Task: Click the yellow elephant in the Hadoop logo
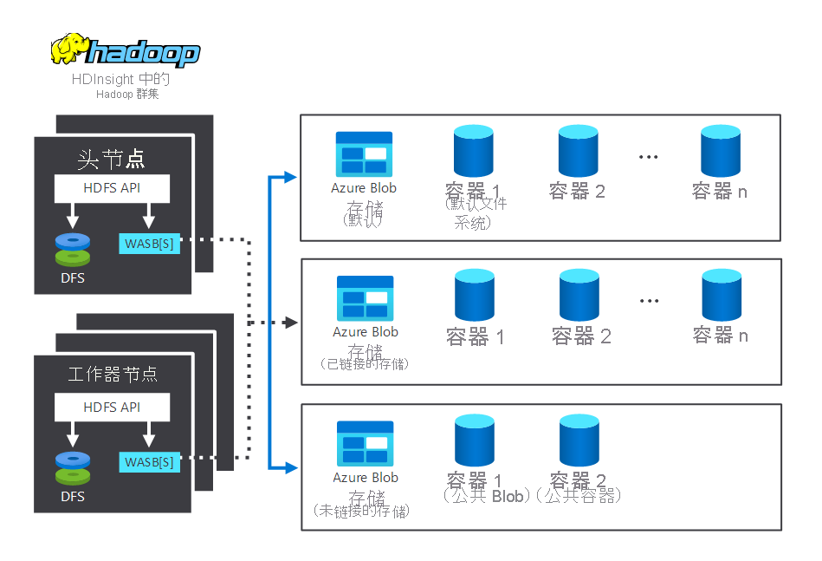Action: pyautogui.click(x=69, y=49)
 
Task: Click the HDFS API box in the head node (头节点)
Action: pyautogui.click(x=112, y=188)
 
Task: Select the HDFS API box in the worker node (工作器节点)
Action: pyautogui.click(x=112, y=407)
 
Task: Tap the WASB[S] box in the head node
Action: pyautogui.click(x=149, y=244)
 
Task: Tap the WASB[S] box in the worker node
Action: pyautogui.click(x=149, y=462)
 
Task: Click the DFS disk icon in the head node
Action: pyautogui.click(x=73, y=250)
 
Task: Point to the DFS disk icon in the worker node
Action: pyautogui.click(x=73, y=468)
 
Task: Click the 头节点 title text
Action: pyautogui.click(x=112, y=159)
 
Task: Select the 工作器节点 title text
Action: pyautogui.click(x=113, y=375)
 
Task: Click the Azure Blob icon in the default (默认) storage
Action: pyautogui.click(x=364, y=153)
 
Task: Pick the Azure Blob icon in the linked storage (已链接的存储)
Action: pyautogui.click(x=365, y=297)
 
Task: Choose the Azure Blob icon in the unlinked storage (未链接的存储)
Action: pyautogui.click(x=365, y=443)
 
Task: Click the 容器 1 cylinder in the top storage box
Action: pyautogui.click(x=473, y=150)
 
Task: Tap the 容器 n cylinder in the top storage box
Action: pyautogui.click(x=721, y=150)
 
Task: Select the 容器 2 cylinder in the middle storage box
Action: pyautogui.click(x=579, y=295)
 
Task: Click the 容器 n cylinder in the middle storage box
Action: pyautogui.click(x=722, y=295)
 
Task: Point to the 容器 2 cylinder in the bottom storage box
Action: pyautogui.click(x=579, y=440)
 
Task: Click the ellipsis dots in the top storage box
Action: pyautogui.click(x=648, y=157)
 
